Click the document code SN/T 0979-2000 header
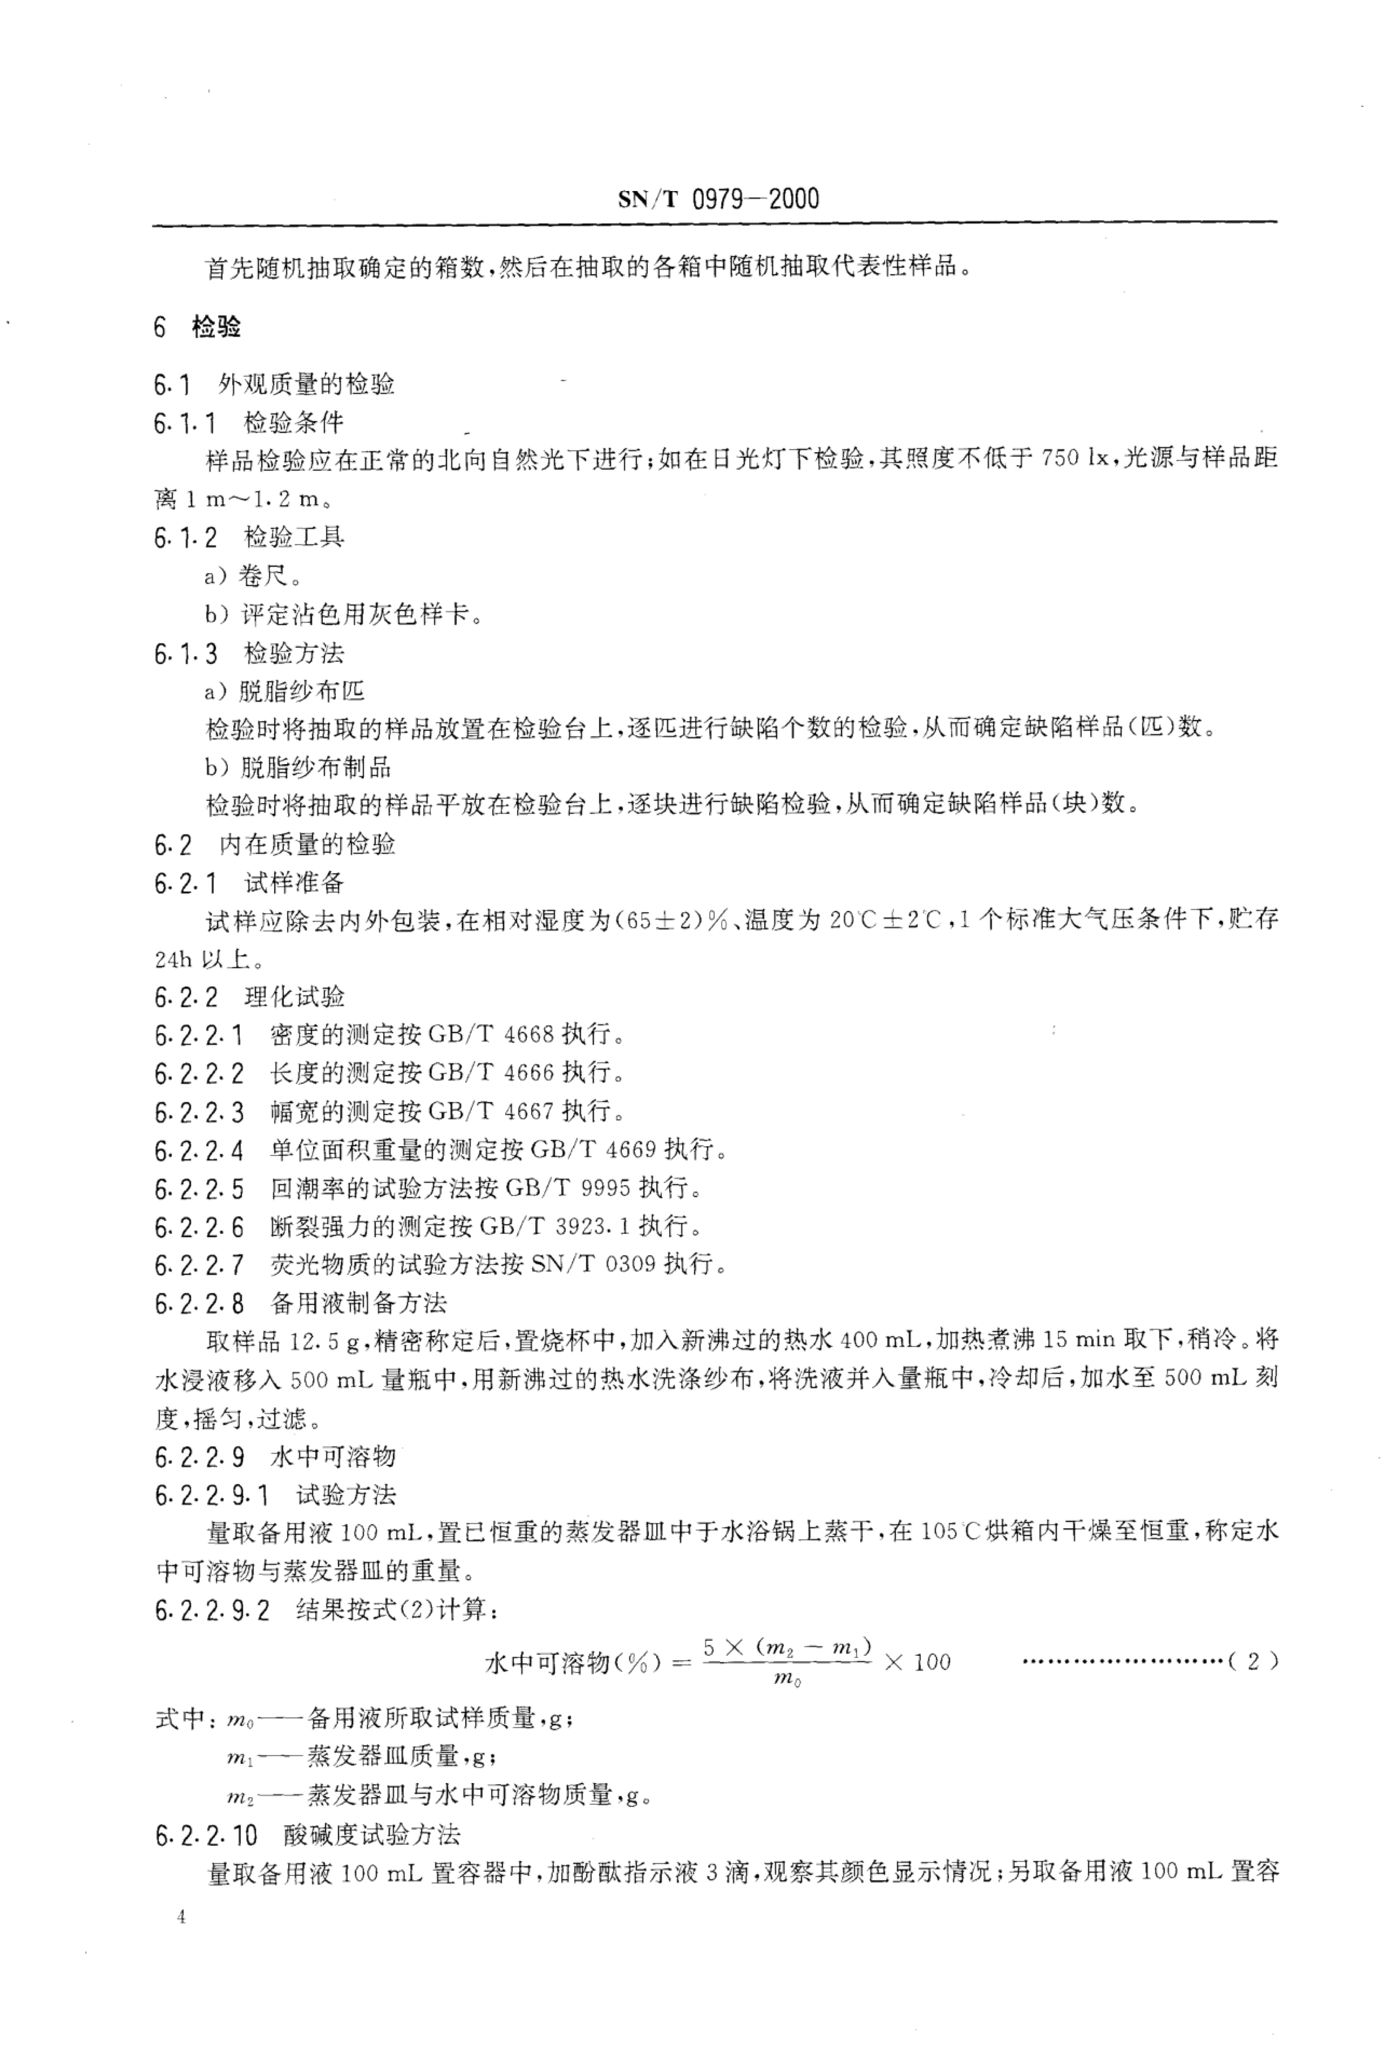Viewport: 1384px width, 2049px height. pos(718,199)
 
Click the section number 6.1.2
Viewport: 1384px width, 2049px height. pos(185,538)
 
